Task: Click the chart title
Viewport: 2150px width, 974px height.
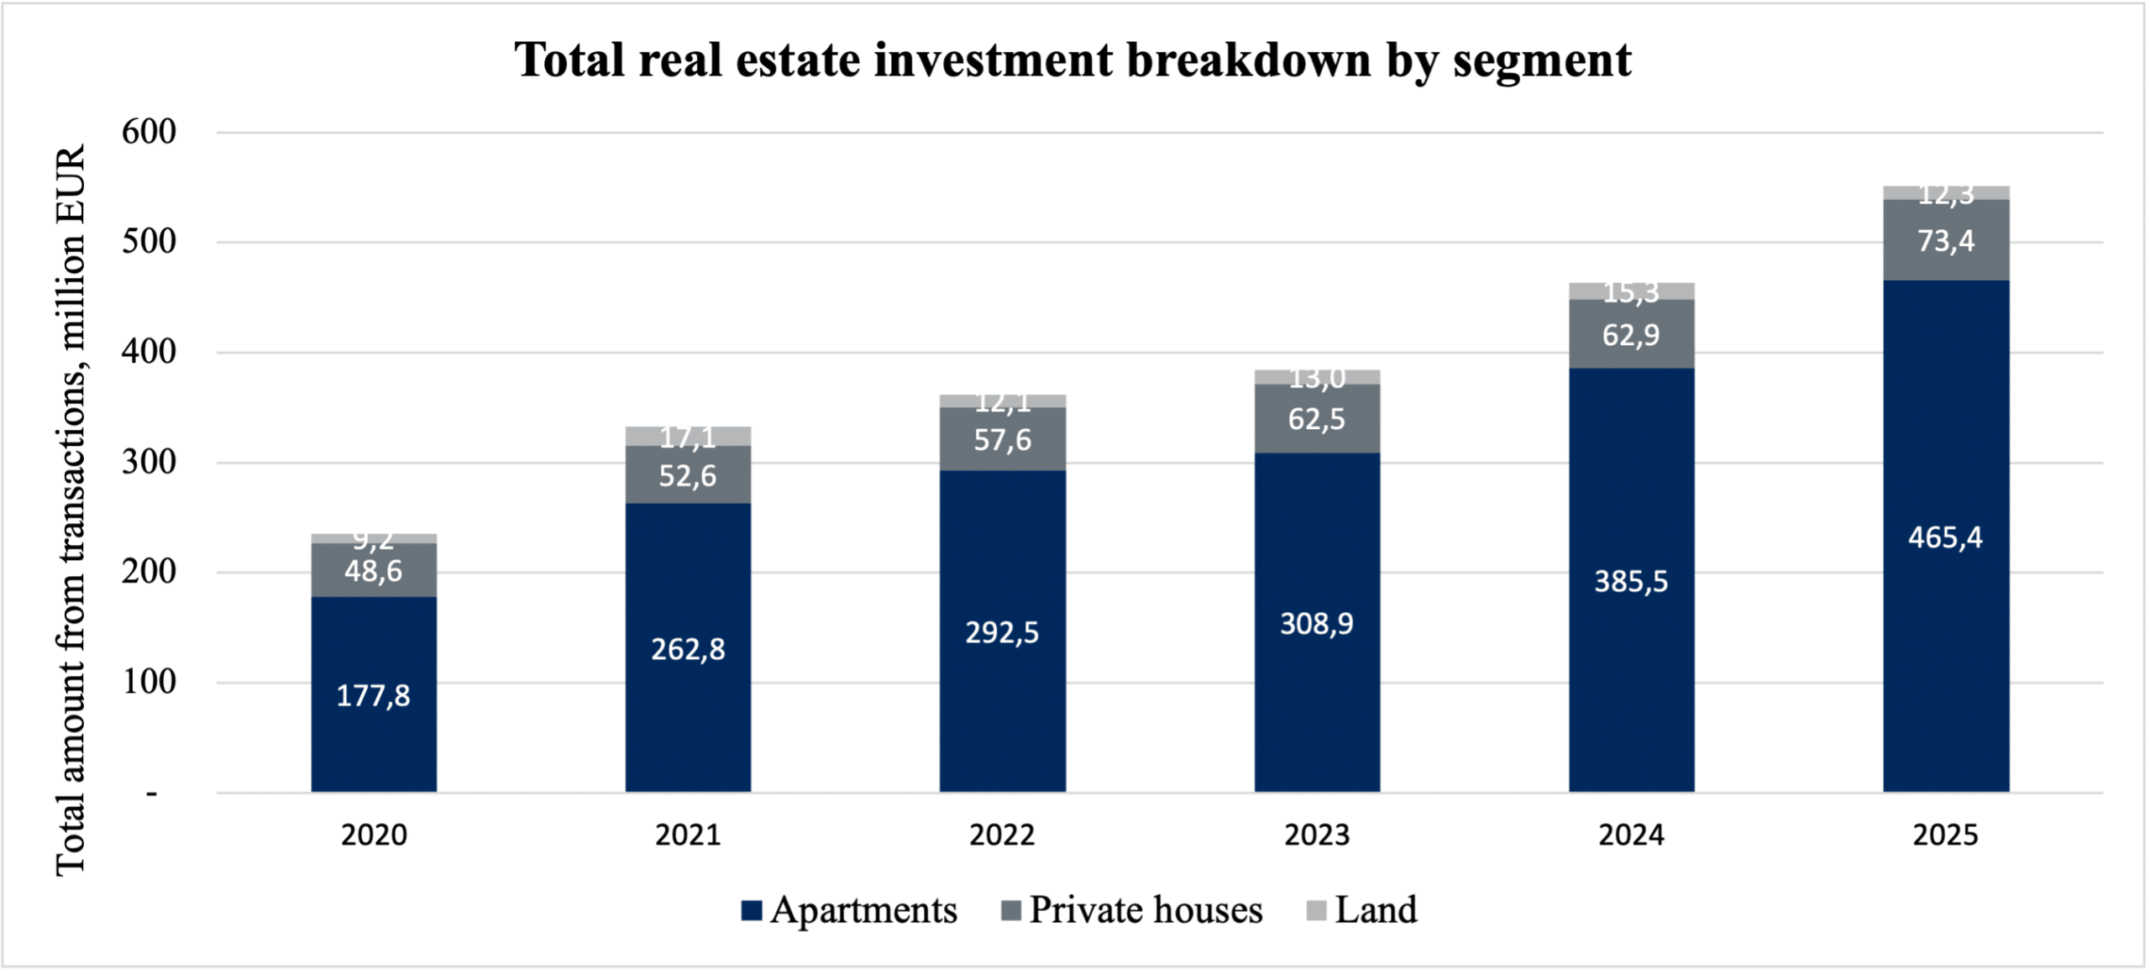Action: tap(1073, 60)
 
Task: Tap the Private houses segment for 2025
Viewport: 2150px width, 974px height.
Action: tap(1946, 240)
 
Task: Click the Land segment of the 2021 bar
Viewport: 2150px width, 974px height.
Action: tap(688, 436)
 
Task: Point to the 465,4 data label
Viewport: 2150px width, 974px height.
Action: tap(1945, 537)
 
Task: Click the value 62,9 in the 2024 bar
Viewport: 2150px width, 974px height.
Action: tap(1631, 335)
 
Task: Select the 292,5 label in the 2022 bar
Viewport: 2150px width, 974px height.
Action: tap(1002, 632)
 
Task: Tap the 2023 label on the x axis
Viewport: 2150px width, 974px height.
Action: tap(1317, 835)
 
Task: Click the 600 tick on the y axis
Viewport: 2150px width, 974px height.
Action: tap(149, 132)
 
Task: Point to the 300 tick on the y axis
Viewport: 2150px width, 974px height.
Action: tap(149, 462)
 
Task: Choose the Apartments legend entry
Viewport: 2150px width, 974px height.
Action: tap(850, 910)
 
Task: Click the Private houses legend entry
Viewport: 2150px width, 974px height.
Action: tap(1133, 910)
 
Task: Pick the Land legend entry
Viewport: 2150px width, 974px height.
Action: tap(1362, 910)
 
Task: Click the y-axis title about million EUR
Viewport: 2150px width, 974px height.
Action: tap(71, 510)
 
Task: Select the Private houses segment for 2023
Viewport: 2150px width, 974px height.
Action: tap(1317, 418)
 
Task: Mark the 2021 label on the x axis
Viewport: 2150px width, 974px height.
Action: tap(688, 835)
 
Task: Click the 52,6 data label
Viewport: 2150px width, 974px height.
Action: tap(688, 476)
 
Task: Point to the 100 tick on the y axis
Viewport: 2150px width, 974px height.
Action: tap(149, 682)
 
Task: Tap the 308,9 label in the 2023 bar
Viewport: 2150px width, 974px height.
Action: tap(1317, 624)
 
